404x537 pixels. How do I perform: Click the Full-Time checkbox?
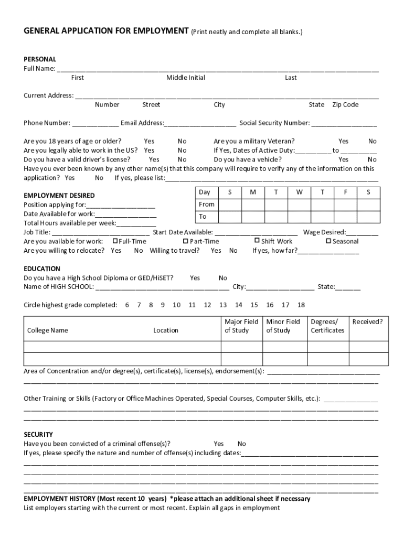pyautogui.click(x=115, y=241)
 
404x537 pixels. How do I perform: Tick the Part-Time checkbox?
pyautogui.click(x=186, y=241)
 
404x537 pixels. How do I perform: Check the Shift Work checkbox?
pyautogui.click(x=257, y=241)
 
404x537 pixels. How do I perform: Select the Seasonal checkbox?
pyautogui.click(x=328, y=241)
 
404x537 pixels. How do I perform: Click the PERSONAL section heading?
pyautogui.click(x=40, y=59)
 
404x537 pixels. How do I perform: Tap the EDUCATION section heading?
pyautogui.click(x=42, y=268)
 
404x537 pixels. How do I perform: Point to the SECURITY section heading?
pyautogui.click(x=38, y=434)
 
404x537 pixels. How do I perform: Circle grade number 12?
pyautogui.click(x=207, y=305)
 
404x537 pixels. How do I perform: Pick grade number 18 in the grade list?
pyautogui.click(x=301, y=305)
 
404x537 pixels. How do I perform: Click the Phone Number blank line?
pyautogui.click(x=95, y=124)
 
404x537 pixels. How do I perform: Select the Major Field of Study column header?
pyautogui.click(x=241, y=326)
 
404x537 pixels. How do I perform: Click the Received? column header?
pyautogui.click(x=367, y=321)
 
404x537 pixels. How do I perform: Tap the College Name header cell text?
pyautogui.click(x=48, y=330)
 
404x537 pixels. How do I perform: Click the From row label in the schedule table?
pyautogui.click(x=207, y=205)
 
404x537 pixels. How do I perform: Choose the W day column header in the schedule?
pyautogui.click(x=299, y=192)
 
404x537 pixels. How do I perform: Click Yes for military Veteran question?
pyautogui.click(x=343, y=141)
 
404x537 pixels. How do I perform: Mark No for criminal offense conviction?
pyautogui.click(x=242, y=444)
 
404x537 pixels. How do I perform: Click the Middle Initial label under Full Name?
pyautogui.click(x=186, y=78)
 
